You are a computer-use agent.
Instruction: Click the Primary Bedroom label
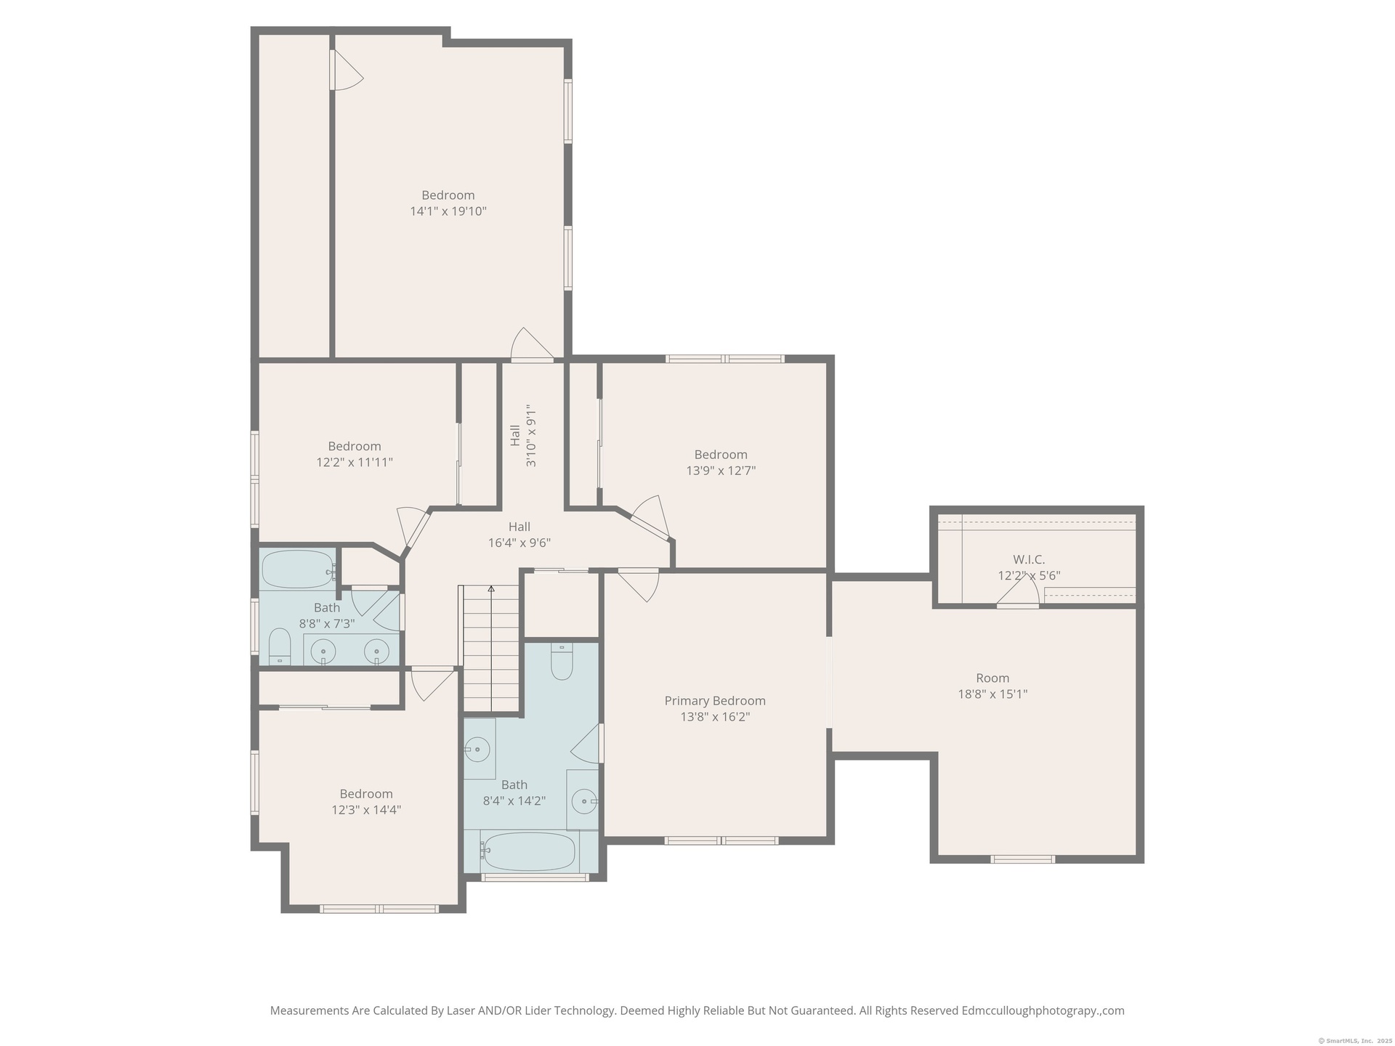715,701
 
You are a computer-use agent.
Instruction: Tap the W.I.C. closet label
1029,560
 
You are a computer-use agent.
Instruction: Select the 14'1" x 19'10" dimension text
448,211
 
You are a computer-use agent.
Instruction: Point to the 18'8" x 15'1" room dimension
992,694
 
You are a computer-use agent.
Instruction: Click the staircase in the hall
491,648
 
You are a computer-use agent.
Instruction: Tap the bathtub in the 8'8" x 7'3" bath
299,569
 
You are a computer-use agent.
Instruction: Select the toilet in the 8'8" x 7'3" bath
280,646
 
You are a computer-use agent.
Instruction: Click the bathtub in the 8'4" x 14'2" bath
529,852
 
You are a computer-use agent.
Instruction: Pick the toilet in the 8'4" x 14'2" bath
562,661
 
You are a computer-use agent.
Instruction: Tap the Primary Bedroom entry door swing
639,584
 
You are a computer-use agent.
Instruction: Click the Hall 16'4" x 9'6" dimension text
519,543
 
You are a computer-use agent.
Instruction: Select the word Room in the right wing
992,678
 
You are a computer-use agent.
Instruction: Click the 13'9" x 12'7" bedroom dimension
721,471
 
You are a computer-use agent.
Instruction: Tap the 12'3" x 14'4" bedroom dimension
366,810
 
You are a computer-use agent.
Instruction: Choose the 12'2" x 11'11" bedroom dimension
355,462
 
